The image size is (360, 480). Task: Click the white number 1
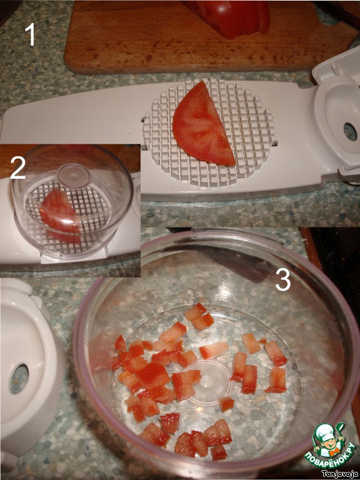pos(30,34)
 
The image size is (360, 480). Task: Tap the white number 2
pos(17,167)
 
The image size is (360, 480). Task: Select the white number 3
pos(283,280)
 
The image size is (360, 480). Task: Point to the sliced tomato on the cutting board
pos(233,17)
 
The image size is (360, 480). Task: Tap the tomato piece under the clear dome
pos(60,215)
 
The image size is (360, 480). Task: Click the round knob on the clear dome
pos(74,176)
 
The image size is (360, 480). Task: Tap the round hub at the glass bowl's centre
pos(211,382)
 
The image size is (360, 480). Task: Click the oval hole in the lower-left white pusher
pos(19,379)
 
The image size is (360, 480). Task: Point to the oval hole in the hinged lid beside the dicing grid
pos(350,132)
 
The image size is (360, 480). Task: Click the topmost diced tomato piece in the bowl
pos(195,312)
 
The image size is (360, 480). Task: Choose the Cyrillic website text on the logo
pos(331,454)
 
